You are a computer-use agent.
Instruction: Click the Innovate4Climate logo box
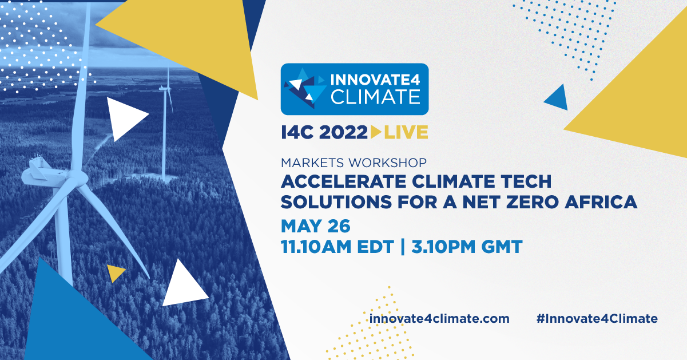(x=355, y=89)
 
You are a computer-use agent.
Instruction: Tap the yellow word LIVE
(x=406, y=132)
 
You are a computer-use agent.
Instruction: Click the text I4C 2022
(x=324, y=132)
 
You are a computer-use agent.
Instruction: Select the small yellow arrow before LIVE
(x=376, y=132)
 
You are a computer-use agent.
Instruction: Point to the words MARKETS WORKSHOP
(x=354, y=163)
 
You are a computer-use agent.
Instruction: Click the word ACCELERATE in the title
(x=344, y=181)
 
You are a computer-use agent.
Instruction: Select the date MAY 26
(x=316, y=226)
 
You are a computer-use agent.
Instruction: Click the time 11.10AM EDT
(x=337, y=247)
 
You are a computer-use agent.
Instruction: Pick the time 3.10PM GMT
(x=467, y=247)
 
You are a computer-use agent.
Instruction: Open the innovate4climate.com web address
(x=439, y=318)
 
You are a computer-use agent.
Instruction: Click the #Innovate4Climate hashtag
(x=597, y=318)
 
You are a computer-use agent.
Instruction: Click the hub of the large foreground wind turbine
(x=74, y=177)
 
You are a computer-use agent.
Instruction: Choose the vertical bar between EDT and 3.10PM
(x=403, y=247)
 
